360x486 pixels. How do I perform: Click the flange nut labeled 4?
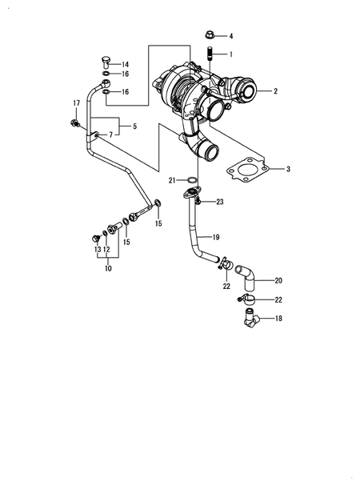pyautogui.click(x=210, y=34)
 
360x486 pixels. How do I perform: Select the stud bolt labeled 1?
pyautogui.click(x=210, y=54)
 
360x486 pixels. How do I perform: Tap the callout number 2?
pyautogui.click(x=275, y=91)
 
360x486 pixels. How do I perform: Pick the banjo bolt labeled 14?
pyautogui.click(x=106, y=62)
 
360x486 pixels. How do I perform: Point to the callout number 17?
pyautogui.click(x=77, y=103)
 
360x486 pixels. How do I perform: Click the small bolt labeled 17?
pyautogui.click(x=75, y=123)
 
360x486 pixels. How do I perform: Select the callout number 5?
pyautogui.click(x=134, y=127)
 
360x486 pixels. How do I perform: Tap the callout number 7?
pyautogui.click(x=110, y=135)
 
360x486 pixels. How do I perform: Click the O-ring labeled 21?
pyautogui.click(x=192, y=179)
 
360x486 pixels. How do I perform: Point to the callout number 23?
pyautogui.click(x=220, y=202)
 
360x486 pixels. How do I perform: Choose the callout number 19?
pyautogui.click(x=216, y=237)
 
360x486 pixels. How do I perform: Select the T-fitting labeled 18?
pyautogui.click(x=250, y=319)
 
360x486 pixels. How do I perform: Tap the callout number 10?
pyautogui.click(x=108, y=268)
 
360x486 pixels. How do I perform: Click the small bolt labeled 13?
pyautogui.click(x=96, y=239)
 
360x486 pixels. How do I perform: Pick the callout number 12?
pyautogui.click(x=106, y=249)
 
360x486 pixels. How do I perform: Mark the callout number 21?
pyautogui.click(x=172, y=180)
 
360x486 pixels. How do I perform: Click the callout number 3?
pyautogui.click(x=288, y=169)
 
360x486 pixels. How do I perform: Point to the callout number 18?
pyautogui.click(x=278, y=319)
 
